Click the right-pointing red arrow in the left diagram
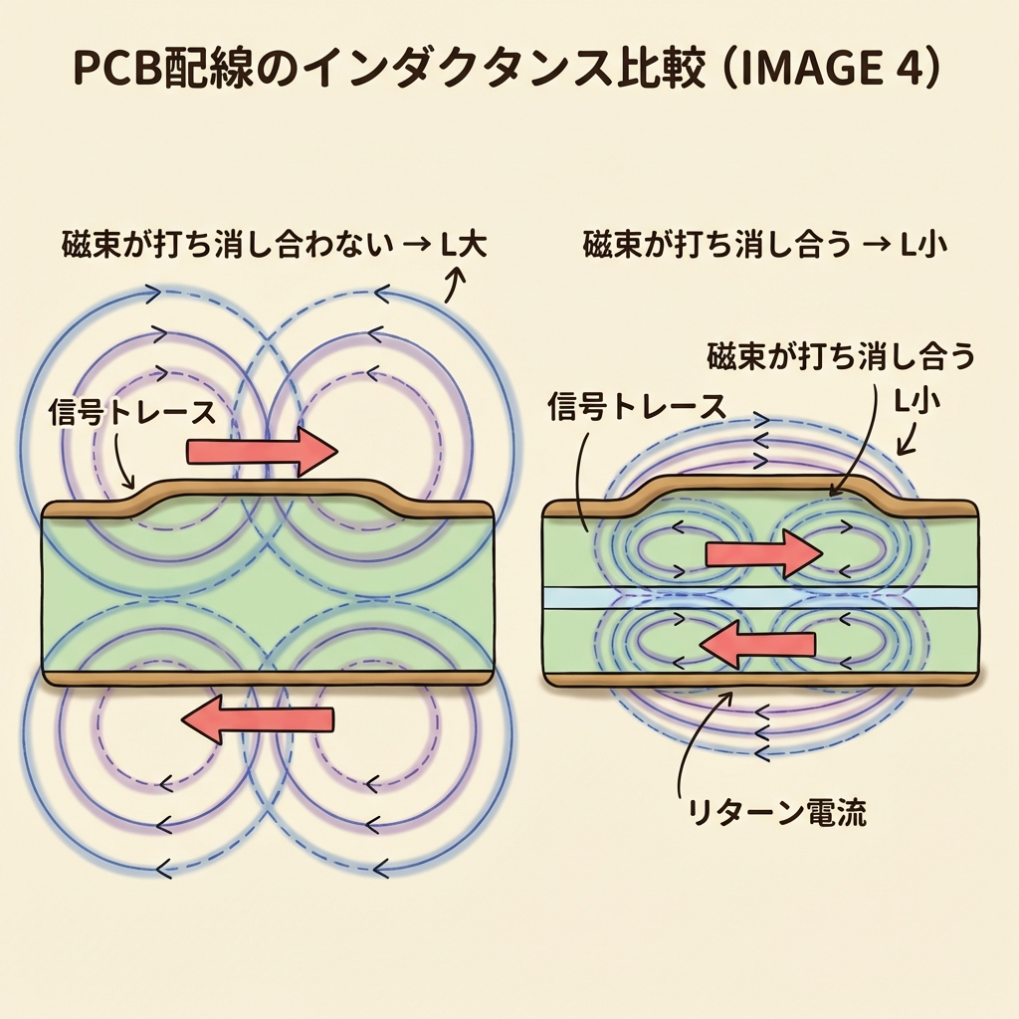pos(262,452)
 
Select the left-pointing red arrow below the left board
pos(261,718)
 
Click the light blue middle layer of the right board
pos(759,597)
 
